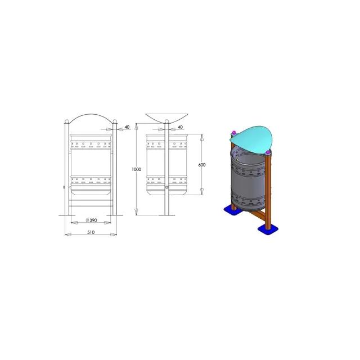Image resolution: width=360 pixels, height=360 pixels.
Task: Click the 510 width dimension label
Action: click(x=91, y=232)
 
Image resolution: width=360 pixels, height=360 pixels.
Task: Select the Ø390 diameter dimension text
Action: click(x=91, y=220)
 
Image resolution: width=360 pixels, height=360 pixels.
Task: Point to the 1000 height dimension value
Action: click(x=136, y=169)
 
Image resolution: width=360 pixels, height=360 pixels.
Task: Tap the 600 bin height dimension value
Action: click(x=202, y=165)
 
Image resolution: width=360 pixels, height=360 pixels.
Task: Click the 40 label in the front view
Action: click(x=127, y=127)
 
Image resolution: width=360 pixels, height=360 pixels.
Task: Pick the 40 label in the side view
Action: click(x=181, y=127)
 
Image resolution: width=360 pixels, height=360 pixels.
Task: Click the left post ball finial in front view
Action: click(x=67, y=121)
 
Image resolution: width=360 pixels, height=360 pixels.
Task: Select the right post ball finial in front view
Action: click(x=115, y=121)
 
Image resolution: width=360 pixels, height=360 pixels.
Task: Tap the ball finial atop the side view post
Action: click(x=167, y=121)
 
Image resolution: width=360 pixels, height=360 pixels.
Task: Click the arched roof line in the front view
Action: click(x=91, y=114)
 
